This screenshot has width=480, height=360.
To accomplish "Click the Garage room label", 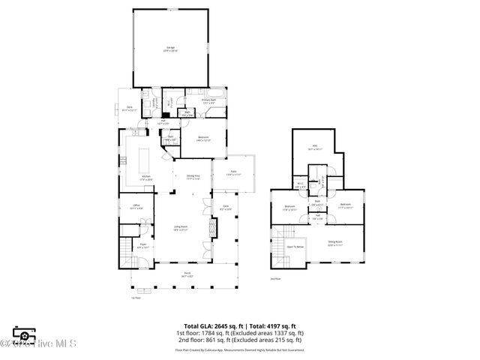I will point(170,49).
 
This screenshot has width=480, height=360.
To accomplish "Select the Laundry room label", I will point(156,103).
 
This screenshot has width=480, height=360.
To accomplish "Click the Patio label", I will point(234,173).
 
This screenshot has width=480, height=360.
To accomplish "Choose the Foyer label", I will point(142,244).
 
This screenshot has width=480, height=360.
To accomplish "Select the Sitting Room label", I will point(334,241).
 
